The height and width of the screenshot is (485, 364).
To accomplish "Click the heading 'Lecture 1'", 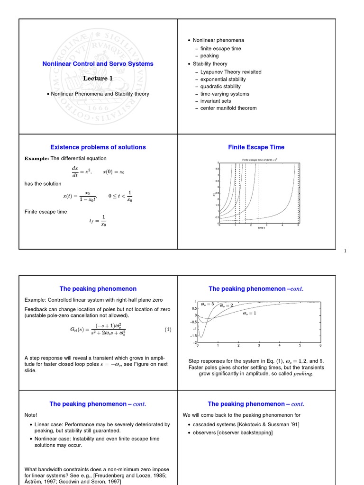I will click(x=98, y=79).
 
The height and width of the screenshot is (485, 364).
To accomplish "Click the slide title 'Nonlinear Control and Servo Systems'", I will click(x=98, y=63).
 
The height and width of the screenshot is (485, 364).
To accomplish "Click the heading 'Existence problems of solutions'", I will click(x=98, y=147).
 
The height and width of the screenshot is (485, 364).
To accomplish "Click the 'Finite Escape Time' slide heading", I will click(x=256, y=147).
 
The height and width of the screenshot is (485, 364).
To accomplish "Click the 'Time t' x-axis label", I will click(x=261, y=228).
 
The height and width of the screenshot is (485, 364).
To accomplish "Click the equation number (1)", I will click(x=168, y=330).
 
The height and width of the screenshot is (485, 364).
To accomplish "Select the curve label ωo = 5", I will click(x=208, y=304).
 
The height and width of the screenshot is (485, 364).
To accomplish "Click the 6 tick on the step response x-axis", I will click(x=321, y=346).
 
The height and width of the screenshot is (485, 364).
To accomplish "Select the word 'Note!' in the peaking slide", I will click(x=31, y=415).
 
